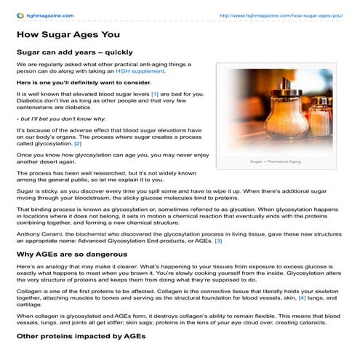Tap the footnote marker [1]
coord(154,95)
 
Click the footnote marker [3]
coord(217,241)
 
